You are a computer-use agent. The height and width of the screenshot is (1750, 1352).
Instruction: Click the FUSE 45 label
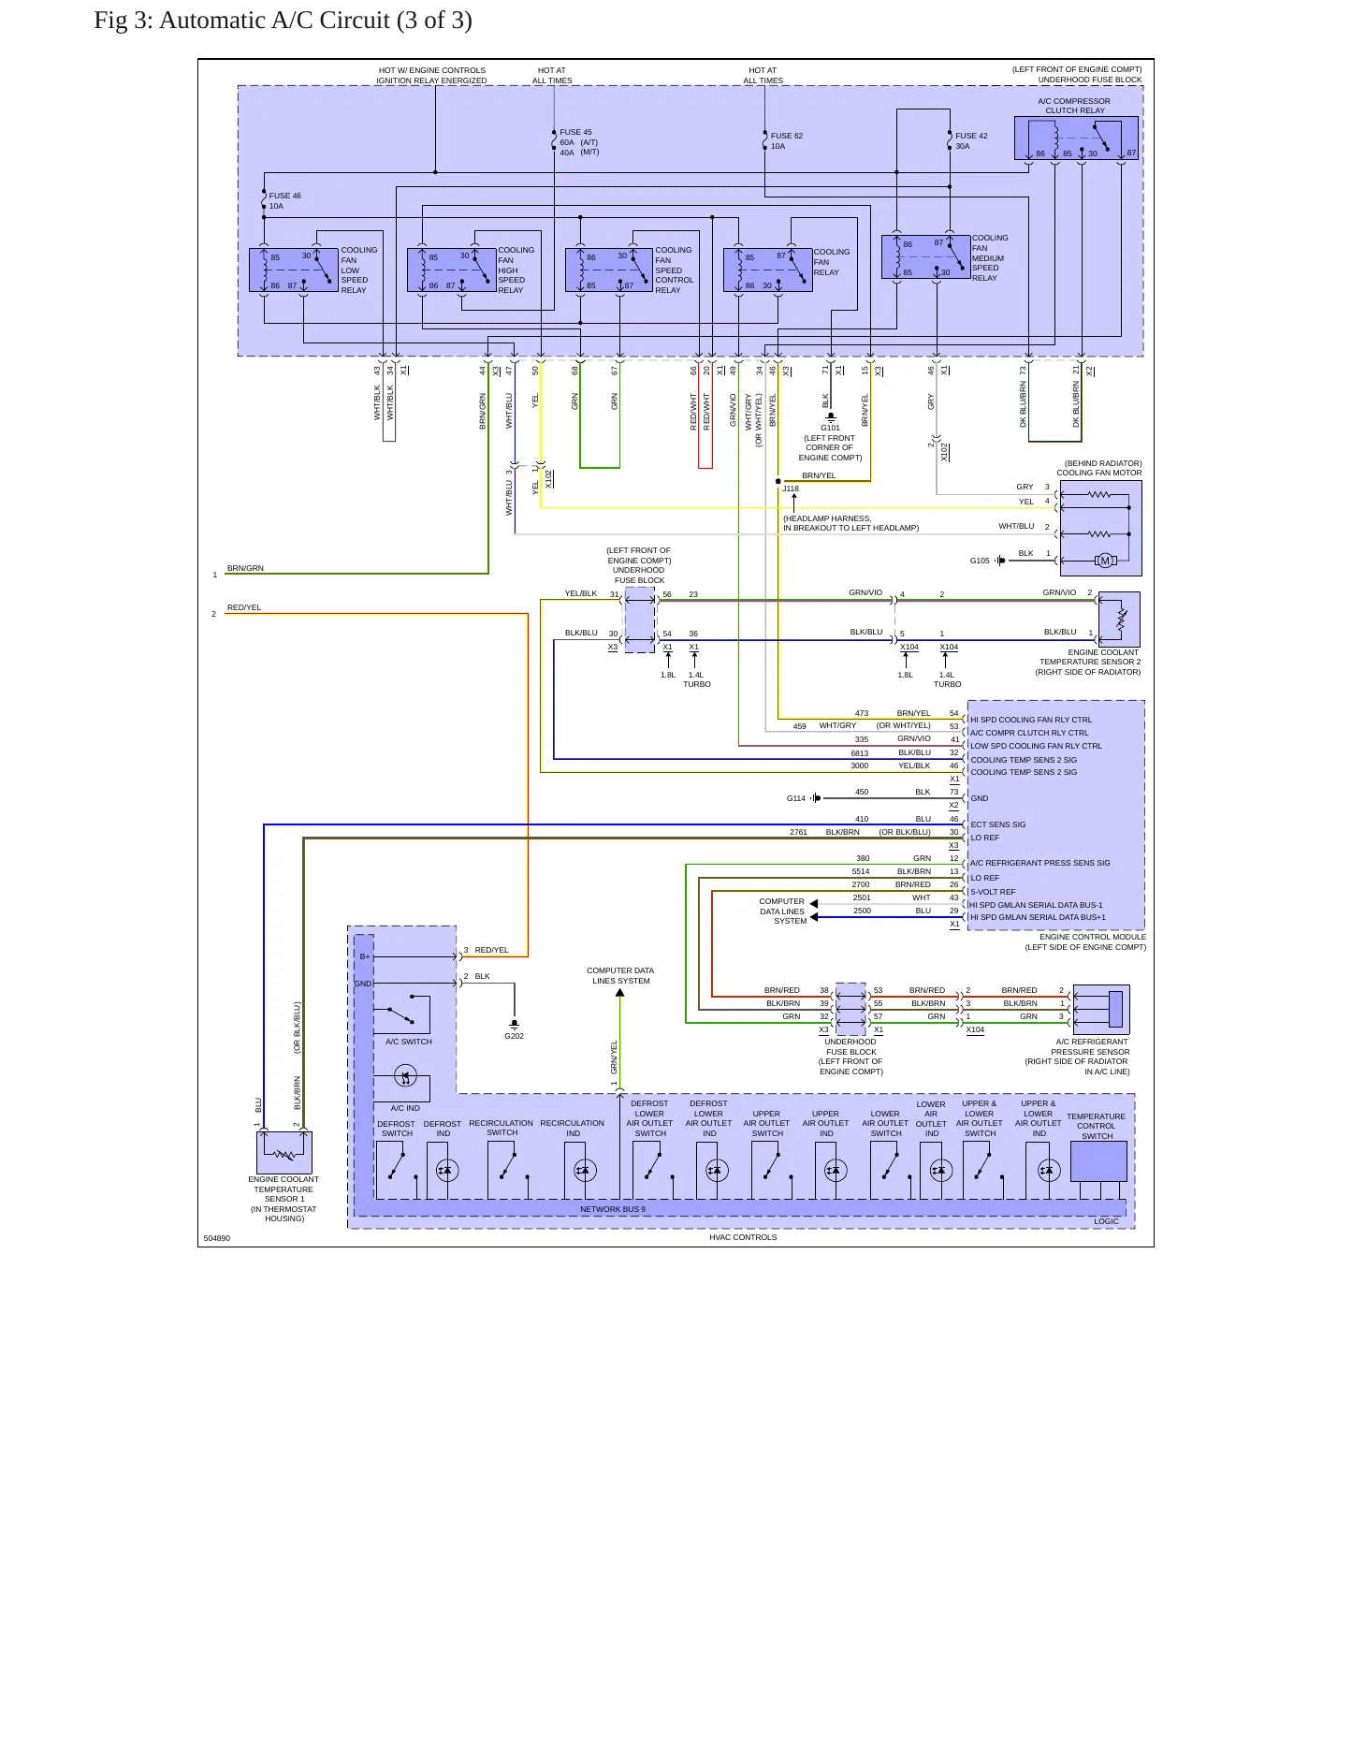(575, 133)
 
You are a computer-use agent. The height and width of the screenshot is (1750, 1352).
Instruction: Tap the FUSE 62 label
(787, 136)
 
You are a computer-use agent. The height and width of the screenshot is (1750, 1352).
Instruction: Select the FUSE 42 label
(971, 136)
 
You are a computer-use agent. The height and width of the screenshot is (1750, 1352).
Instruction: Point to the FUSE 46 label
(285, 197)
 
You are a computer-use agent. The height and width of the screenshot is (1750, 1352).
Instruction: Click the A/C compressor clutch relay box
(1076, 138)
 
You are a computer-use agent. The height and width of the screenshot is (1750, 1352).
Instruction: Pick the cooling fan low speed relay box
(294, 270)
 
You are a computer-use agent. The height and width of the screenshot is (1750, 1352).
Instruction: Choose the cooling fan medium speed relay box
(925, 257)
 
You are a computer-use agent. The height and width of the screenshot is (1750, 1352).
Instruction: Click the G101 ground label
(831, 429)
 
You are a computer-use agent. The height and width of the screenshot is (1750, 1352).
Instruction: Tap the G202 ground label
(515, 1036)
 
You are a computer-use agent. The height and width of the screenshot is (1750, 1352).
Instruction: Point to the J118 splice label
(791, 489)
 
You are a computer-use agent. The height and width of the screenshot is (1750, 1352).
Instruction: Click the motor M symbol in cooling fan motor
(1105, 561)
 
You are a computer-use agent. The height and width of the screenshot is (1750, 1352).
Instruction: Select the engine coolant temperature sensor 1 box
(284, 1152)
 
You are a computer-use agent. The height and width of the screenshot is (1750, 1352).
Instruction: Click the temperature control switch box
(1098, 1161)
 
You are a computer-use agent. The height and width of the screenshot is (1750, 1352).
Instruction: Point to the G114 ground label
(796, 798)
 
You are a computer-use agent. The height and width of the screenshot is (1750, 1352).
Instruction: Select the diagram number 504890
(217, 1238)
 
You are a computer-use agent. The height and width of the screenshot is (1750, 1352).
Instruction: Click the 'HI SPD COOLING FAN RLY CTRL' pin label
(1031, 720)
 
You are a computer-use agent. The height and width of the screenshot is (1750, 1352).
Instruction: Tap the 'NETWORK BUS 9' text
(613, 1209)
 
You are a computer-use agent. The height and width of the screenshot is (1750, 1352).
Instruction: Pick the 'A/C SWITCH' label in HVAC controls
(409, 1042)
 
